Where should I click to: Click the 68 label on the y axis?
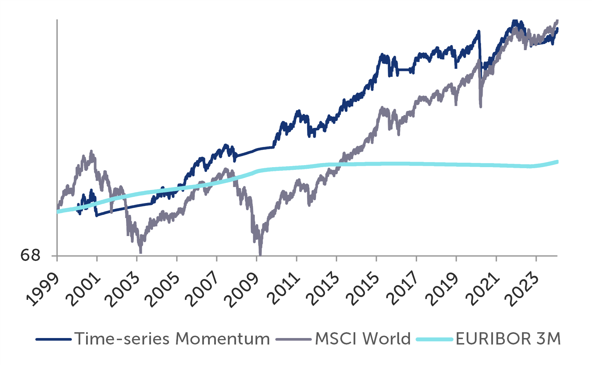(30, 255)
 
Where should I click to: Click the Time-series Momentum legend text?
(172, 339)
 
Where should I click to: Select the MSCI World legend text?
(363, 339)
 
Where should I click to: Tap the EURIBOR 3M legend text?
(508, 339)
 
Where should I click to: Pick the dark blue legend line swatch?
(54, 339)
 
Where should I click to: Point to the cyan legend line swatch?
(435, 339)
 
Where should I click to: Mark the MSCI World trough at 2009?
(260, 253)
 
